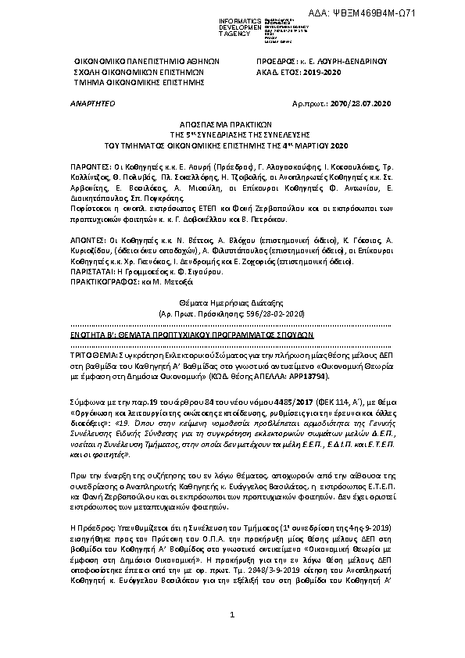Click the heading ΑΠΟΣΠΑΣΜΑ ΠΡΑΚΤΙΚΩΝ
[x=232, y=123]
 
